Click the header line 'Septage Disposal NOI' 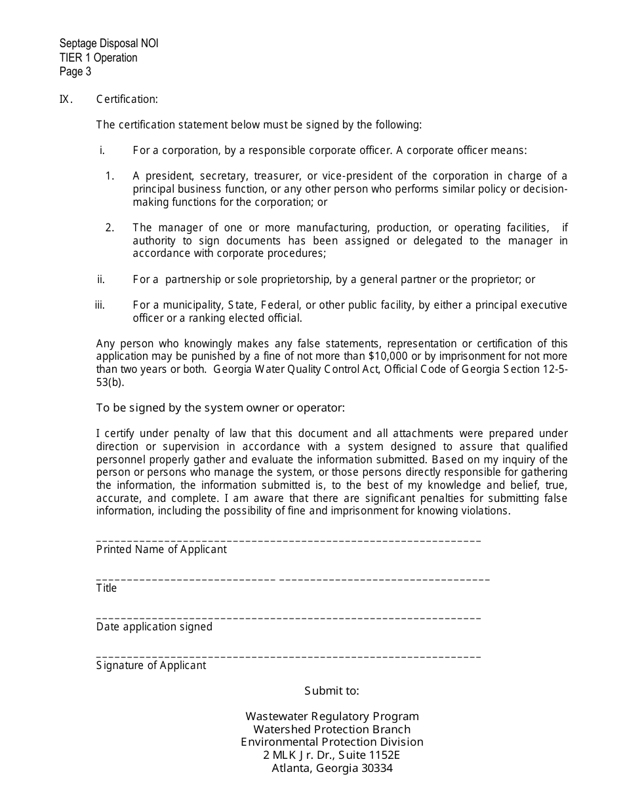108,44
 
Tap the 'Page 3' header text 75,71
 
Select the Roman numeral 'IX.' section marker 66,100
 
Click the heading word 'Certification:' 127,100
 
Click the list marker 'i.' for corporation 102,151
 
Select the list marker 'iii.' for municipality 100,305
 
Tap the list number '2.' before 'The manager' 110,228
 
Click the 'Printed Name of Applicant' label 161,550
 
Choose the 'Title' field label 106,588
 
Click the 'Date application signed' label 154,627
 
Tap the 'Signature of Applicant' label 151,666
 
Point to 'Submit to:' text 332,691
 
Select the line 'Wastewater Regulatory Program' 332,717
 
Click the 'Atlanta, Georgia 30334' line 332,769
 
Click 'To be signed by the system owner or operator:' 220,408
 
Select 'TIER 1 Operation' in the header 98,58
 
